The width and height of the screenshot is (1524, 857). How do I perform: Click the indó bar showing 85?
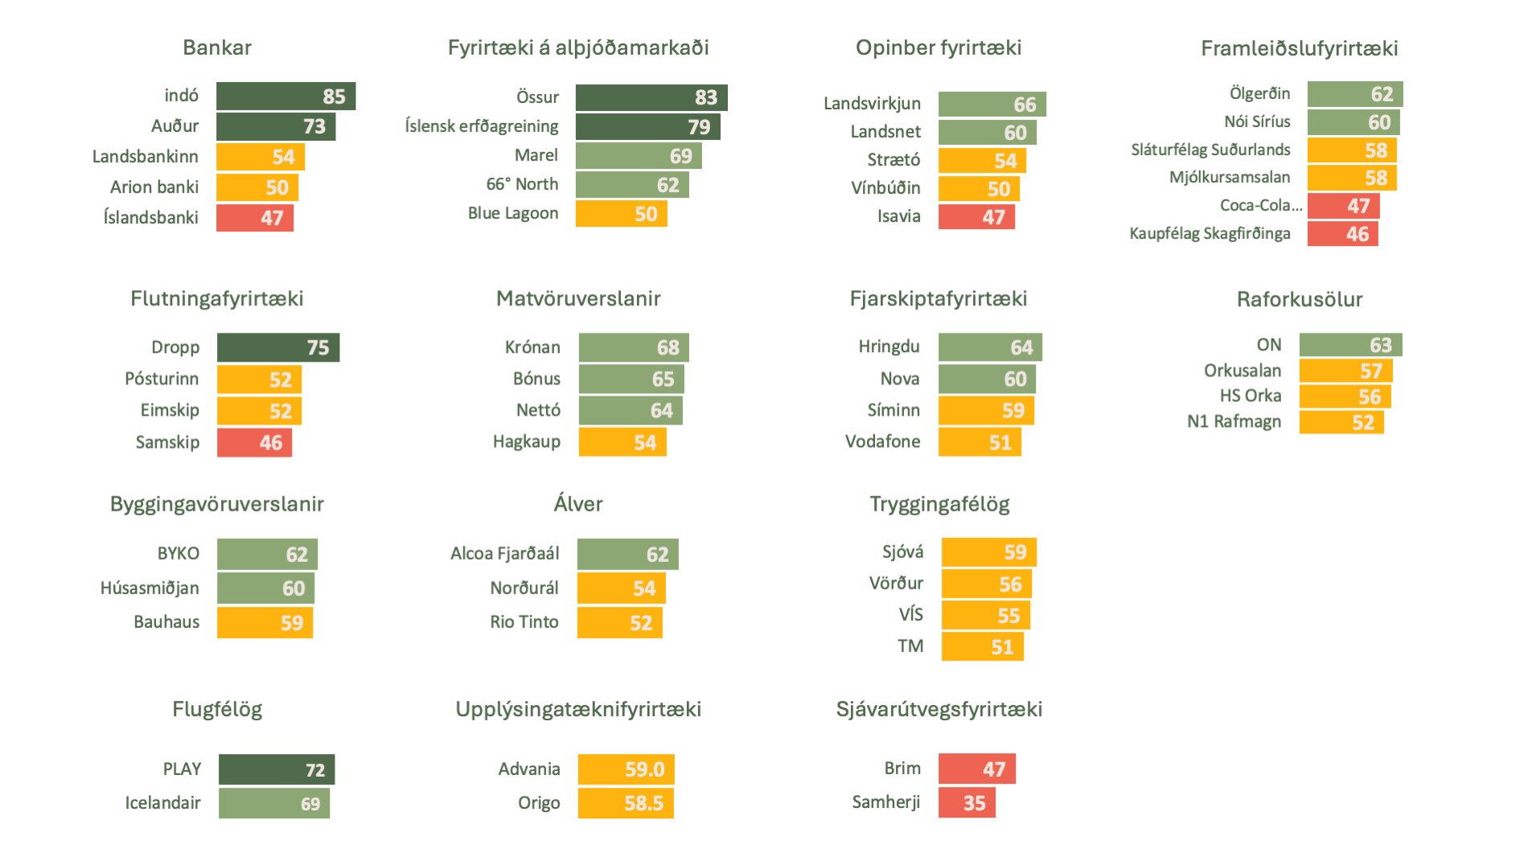285,96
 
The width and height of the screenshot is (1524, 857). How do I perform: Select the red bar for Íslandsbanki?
255,218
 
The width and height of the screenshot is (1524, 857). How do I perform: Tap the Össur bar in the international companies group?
651,97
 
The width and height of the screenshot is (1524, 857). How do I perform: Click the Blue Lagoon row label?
513,213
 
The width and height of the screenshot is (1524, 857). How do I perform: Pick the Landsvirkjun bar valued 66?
992,105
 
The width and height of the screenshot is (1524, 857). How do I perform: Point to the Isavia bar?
976,217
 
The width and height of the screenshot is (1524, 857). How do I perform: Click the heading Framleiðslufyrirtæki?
1299,49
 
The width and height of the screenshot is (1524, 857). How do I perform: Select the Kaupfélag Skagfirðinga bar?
1342,234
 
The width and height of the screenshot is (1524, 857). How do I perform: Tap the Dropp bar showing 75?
278,347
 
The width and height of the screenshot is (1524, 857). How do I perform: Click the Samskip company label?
167,442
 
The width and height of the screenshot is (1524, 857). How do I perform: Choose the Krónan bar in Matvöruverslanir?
634,347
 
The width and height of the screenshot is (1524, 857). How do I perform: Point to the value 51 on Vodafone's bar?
1000,443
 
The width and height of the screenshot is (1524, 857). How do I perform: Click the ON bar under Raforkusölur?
1350,345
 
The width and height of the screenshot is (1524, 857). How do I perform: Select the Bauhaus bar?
265,623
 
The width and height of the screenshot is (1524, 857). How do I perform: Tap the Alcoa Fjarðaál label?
504,553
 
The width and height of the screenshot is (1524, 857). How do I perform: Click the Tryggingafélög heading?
939,504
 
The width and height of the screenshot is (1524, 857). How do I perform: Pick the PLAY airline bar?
277,769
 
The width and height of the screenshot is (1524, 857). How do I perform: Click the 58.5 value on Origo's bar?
643,803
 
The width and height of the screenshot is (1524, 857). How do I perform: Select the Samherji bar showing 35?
967,803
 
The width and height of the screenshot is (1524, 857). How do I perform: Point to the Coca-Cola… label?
1260,205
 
